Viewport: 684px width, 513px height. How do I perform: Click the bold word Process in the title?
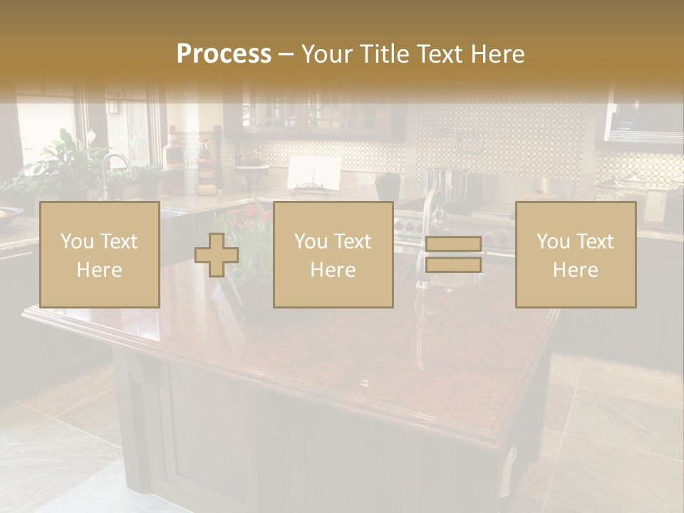[224, 54]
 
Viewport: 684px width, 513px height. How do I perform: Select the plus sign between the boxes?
[217, 255]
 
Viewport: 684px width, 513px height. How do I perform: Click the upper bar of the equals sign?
[453, 244]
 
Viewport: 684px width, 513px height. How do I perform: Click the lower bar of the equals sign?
[453, 265]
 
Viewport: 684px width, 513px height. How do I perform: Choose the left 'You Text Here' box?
[100, 254]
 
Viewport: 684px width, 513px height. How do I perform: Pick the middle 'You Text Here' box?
[333, 254]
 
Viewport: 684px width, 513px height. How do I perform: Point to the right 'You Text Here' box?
[576, 254]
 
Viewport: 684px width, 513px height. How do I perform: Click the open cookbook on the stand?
[313, 173]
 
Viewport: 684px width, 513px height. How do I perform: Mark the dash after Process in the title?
[286, 55]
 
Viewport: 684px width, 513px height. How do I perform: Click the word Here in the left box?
[100, 270]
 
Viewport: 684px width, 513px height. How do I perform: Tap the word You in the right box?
[553, 242]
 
